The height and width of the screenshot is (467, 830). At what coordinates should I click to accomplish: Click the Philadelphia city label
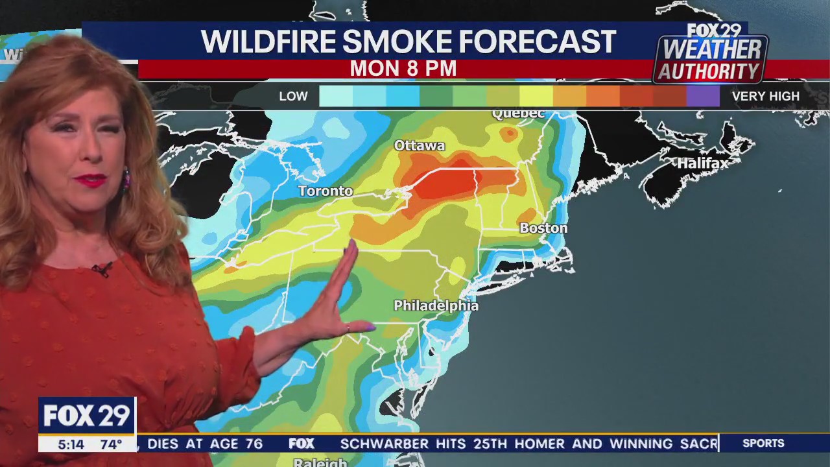pos(436,305)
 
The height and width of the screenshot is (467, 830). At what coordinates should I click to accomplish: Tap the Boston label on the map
pos(543,228)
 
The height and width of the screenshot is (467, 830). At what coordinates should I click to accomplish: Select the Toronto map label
pos(326,191)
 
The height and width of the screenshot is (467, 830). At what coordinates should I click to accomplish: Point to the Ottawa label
pos(420,146)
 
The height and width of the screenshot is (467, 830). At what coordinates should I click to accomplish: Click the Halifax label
pos(703,163)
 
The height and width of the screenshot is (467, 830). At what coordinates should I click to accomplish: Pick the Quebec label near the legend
pos(518,114)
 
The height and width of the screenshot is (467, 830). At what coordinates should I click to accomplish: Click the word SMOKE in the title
pos(397,42)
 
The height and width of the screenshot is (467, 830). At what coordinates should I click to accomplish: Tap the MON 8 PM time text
pos(403,69)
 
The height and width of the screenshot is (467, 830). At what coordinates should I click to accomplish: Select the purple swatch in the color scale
pos(703,96)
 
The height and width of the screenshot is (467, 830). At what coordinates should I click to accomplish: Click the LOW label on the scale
pos(293,97)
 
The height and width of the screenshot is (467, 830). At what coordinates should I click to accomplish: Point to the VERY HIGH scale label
pos(765,97)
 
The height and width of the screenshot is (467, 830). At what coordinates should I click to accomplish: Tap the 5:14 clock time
pos(71,444)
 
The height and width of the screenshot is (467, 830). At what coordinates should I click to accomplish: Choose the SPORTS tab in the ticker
pos(763,444)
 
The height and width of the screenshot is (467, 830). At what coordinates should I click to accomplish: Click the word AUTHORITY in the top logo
pos(709,72)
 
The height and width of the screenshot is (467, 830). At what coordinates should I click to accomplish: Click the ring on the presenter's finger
pos(348,328)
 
